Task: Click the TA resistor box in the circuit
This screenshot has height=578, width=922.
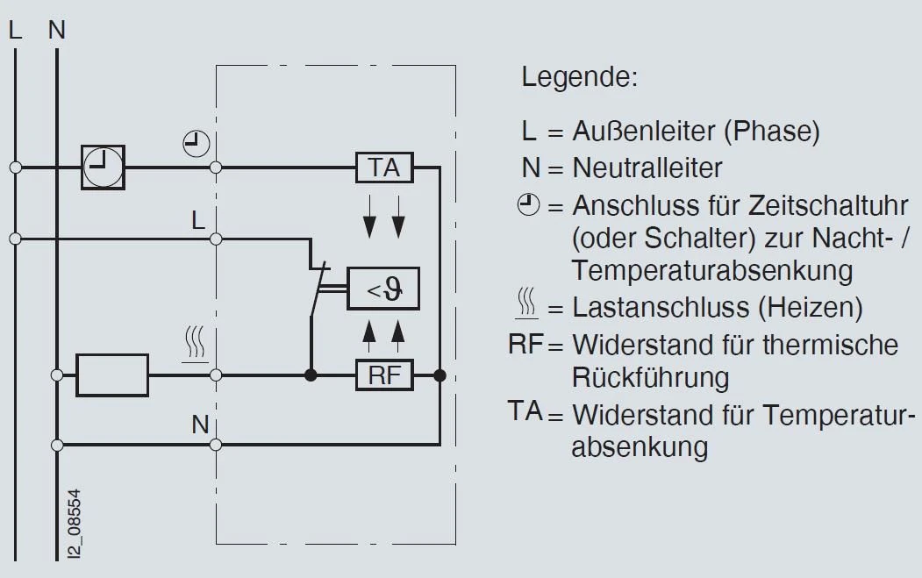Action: coord(384,167)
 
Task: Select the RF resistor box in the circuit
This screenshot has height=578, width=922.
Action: coord(384,376)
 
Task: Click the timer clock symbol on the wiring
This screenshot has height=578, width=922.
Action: coord(104,167)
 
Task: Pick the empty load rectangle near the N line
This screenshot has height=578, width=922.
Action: coord(113,375)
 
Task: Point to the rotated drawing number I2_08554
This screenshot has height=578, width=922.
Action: coord(76,523)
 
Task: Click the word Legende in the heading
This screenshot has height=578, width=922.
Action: coord(579,77)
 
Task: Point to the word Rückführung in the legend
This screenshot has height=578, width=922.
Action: coord(650,378)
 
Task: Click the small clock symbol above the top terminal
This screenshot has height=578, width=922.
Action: coord(197,142)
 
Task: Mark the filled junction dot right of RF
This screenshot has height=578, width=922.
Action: coord(440,376)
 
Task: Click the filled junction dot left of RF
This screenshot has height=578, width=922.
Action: coord(310,376)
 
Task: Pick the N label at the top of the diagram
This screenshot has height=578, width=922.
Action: coord(57,30)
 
